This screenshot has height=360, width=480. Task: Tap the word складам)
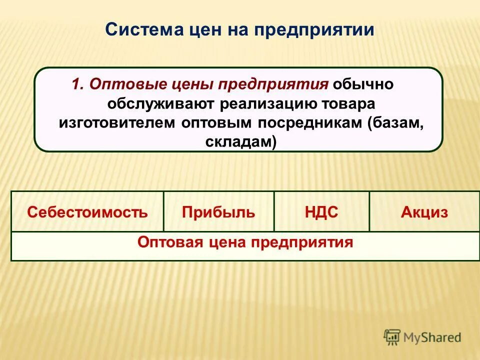(240, 142)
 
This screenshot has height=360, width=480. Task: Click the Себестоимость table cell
(87, 212)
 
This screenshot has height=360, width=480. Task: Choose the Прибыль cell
(218, 212)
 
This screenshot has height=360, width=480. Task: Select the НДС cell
(321, 212)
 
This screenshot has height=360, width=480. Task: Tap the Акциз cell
(424, 212)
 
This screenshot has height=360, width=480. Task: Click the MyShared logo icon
(392, 336)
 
